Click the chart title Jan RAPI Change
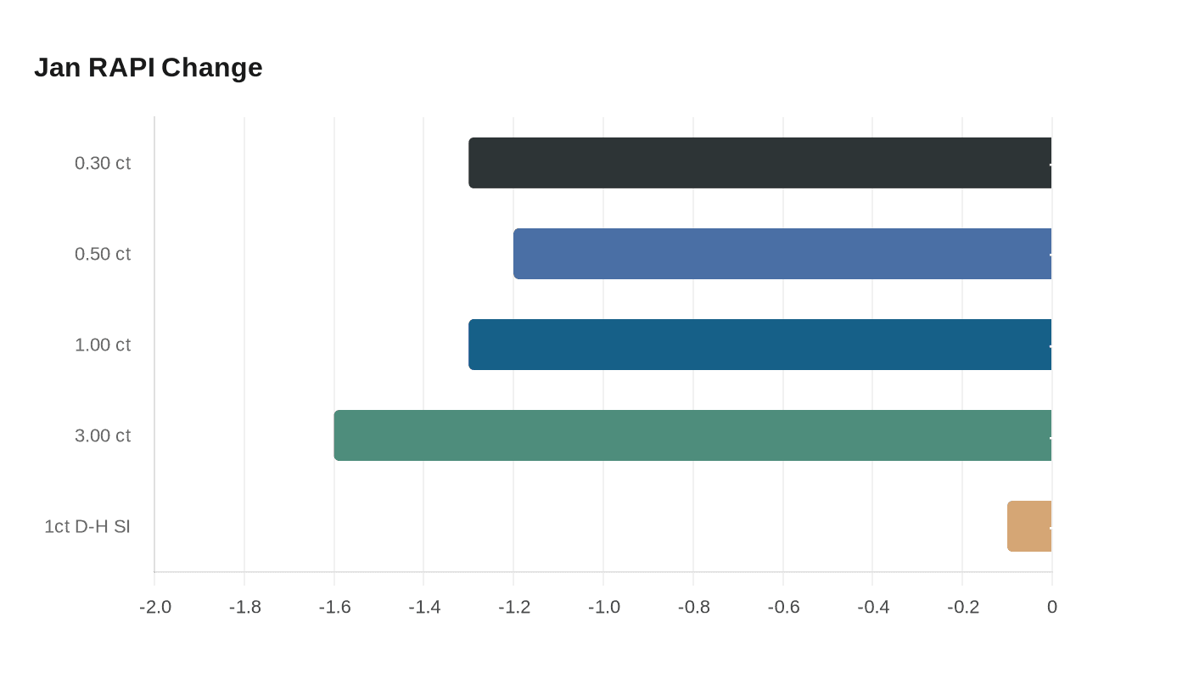pyautogui.click(x=148, y=67)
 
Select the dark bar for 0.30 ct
pyautogui.click(x=760, y=163)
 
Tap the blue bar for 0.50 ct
pyautogui.click(x=782, y=254)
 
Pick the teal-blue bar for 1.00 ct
pyautogui.click(x=760, y=345)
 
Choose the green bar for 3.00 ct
pyautogui.click(x=692, y=435)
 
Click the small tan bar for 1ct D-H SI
pyautogui.click(x=1029, y=526)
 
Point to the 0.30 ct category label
pyautogui.click(x=103, y=163)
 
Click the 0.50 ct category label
pyautogui.click(x=103, y=254)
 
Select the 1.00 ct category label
pyautogui.click(x=103, y=345)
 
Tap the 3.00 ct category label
pyautogui.click(x=103, y=435)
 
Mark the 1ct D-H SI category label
pyautogui.click(x=87, y=526)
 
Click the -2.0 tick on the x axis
pyautogui.click(x=155, y=607)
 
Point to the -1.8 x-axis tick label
pyautogui.click(x=245, y=607)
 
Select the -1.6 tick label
pyautogui.click(x=334, y=607)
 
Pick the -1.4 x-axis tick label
pyautogui.click(x=424, y=607)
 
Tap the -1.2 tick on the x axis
pyautogui.click(x=514, y=607)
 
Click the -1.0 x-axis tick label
pyautogui.click(x=604, y=607)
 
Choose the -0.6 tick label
pyautogui.click(x=783, y=607)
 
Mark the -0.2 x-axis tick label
pyautogui.click(x=963, y=607)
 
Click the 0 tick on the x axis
pyautogui.click(x=1052, y=607)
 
